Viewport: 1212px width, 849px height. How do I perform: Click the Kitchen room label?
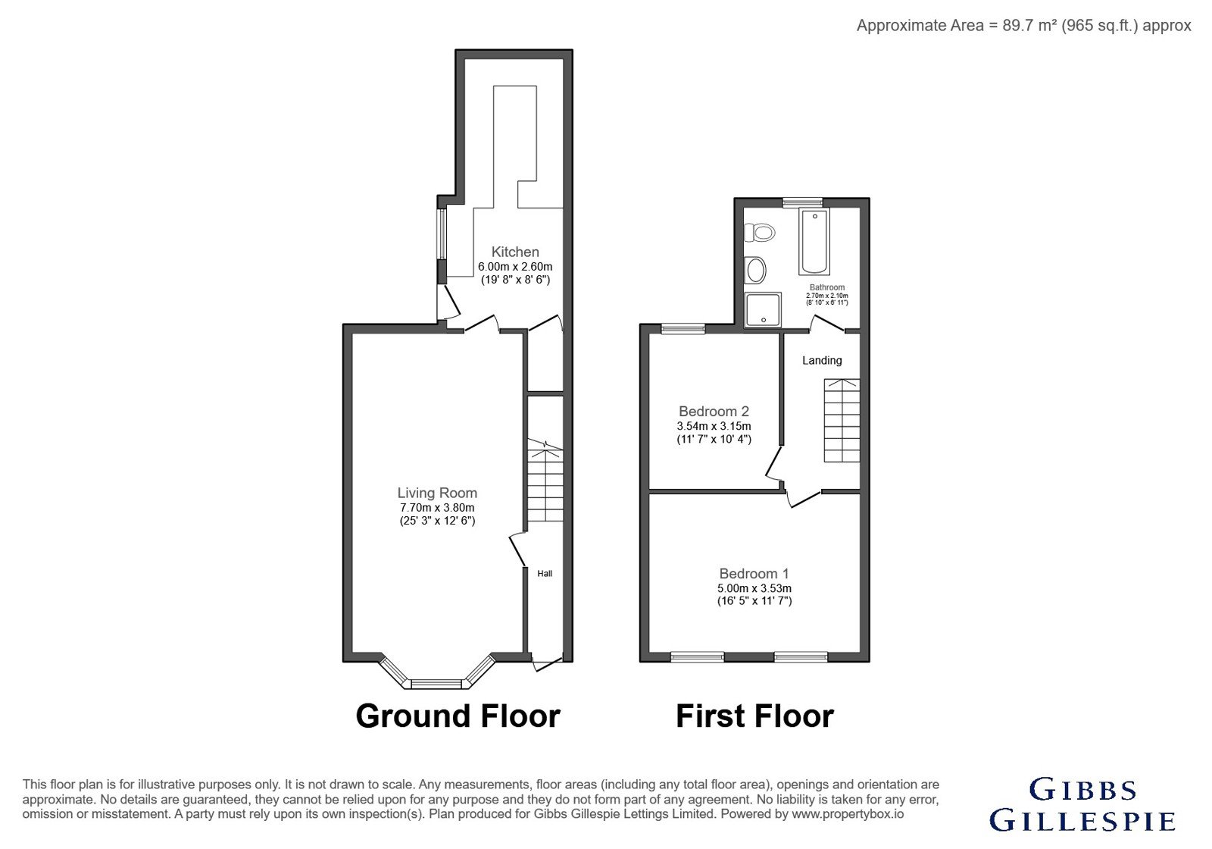pyautogui.click(x=515, y=252)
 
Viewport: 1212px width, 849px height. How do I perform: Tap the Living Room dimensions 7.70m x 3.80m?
pyautogui.click(x=437, y=508)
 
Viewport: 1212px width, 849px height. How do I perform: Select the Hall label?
pyautogui.click(x=545, y=573)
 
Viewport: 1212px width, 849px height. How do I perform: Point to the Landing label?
pyautogui.click(x=822, y=361)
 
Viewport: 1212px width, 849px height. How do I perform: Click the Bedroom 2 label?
pyautogui.click(x=714, y=412)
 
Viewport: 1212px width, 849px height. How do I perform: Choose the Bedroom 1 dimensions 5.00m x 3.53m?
pyautogui.click(x=754, y=588)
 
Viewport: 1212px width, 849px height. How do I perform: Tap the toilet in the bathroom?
pyautogui.click(x=760, y=233)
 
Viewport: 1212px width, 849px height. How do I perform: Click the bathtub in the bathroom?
pyautogui.click(x=814, y=241)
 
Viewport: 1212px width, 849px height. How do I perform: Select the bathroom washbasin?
pyautogui.click(x=755, y=270)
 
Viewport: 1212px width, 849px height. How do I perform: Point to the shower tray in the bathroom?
pyautogui.click(x=762, y=310)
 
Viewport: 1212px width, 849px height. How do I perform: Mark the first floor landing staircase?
pyautogui.click(x=842, y=421)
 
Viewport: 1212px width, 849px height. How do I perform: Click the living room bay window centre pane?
pyautogui.click(x=436, y=685)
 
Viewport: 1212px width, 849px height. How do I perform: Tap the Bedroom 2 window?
pyautogui.click(x=683, y=328)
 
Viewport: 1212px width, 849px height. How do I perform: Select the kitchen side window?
pyautogui.click(x=442, y=234)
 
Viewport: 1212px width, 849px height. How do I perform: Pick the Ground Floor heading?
pyautogui.click(x=458, y=716)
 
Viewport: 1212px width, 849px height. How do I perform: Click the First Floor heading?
pyautogui.click(x=754, y=716)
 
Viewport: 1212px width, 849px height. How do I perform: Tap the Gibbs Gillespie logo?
pyautogui.click(x=1082, y=804)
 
